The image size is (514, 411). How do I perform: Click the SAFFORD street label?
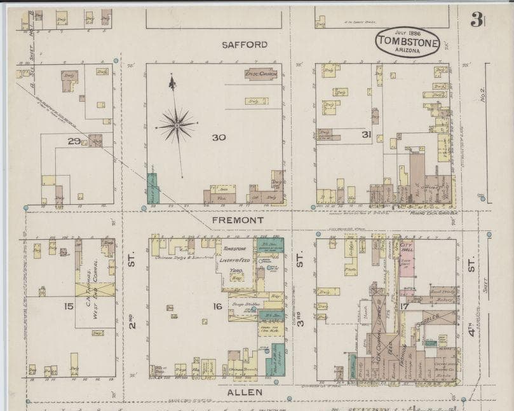click(x=245, y=45)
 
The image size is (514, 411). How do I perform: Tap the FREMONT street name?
click(x=238, y=220)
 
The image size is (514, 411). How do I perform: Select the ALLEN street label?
click(x=245, y=393)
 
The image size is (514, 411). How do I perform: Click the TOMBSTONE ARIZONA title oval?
click(x=407, y=42)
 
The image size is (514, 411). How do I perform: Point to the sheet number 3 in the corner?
click(x=475, y=20)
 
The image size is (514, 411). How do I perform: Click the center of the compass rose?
click(x=177, y=124)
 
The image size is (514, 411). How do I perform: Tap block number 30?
click(x=219, y=137)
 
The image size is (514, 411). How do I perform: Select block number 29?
click(x=74, y=141)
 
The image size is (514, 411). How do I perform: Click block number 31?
click(x=366, y=134)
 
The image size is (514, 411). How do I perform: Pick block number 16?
click(x=217, y=307)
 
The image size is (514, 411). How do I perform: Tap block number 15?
click(x=69, y=307)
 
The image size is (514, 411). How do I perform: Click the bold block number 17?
click(x=404, y=307)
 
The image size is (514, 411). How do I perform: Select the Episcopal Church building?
click(x=262, y=74)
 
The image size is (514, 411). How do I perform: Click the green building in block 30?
click(x=152, y=188)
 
